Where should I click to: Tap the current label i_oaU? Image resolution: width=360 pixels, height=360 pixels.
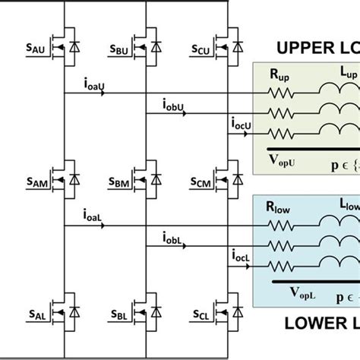(98, 86)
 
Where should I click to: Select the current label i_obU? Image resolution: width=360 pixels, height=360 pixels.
(177, 104)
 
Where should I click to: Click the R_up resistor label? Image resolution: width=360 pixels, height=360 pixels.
(279, 76)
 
